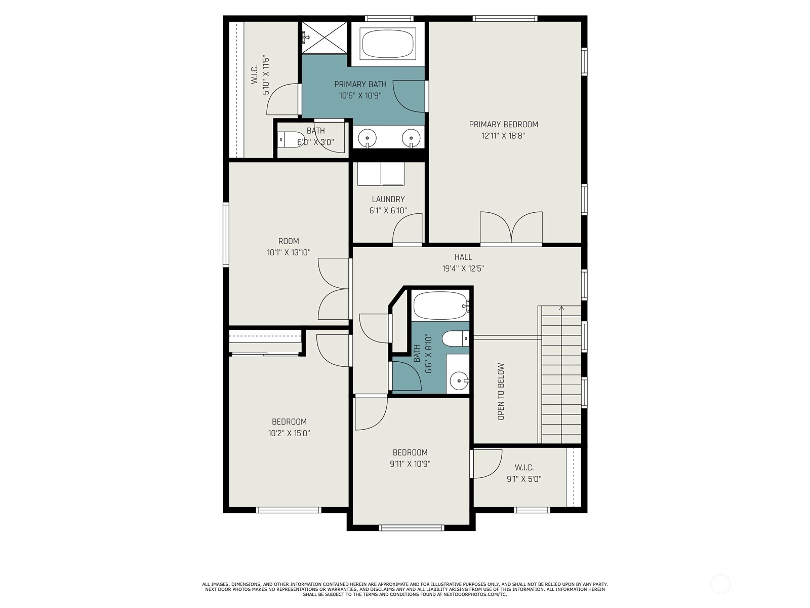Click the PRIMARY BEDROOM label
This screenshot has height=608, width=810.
click(x=503, y=125)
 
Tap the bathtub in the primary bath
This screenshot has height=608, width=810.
click(x=388, y=44)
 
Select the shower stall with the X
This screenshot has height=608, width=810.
click(x=325, y=37)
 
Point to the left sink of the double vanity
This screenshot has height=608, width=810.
click(x=367, y=138)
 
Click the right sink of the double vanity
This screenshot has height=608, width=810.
click(x=411, y=138)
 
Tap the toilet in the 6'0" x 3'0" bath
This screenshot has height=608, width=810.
click(x=291, y=139)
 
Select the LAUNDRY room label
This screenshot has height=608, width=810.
click(x=388, y=199)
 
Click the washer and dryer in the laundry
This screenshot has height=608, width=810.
click(x=381, y=173)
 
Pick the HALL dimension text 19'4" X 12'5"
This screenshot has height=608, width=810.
click(x=463, y=269)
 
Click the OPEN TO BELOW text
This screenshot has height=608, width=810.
click(x=501, y=392)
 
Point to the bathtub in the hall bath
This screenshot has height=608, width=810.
click(x=441, y=306)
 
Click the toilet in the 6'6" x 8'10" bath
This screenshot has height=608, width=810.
click(x=455, y=338)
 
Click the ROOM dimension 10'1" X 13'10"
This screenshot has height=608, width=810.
click(x=289, y=252)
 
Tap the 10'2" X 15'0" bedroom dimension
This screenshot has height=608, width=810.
click(x=289, y=433)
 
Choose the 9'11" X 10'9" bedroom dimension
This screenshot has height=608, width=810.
click(x=410, y=464)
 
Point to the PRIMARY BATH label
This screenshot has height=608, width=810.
click(x=360, y=84)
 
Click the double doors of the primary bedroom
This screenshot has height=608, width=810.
click(x=511, y=227)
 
